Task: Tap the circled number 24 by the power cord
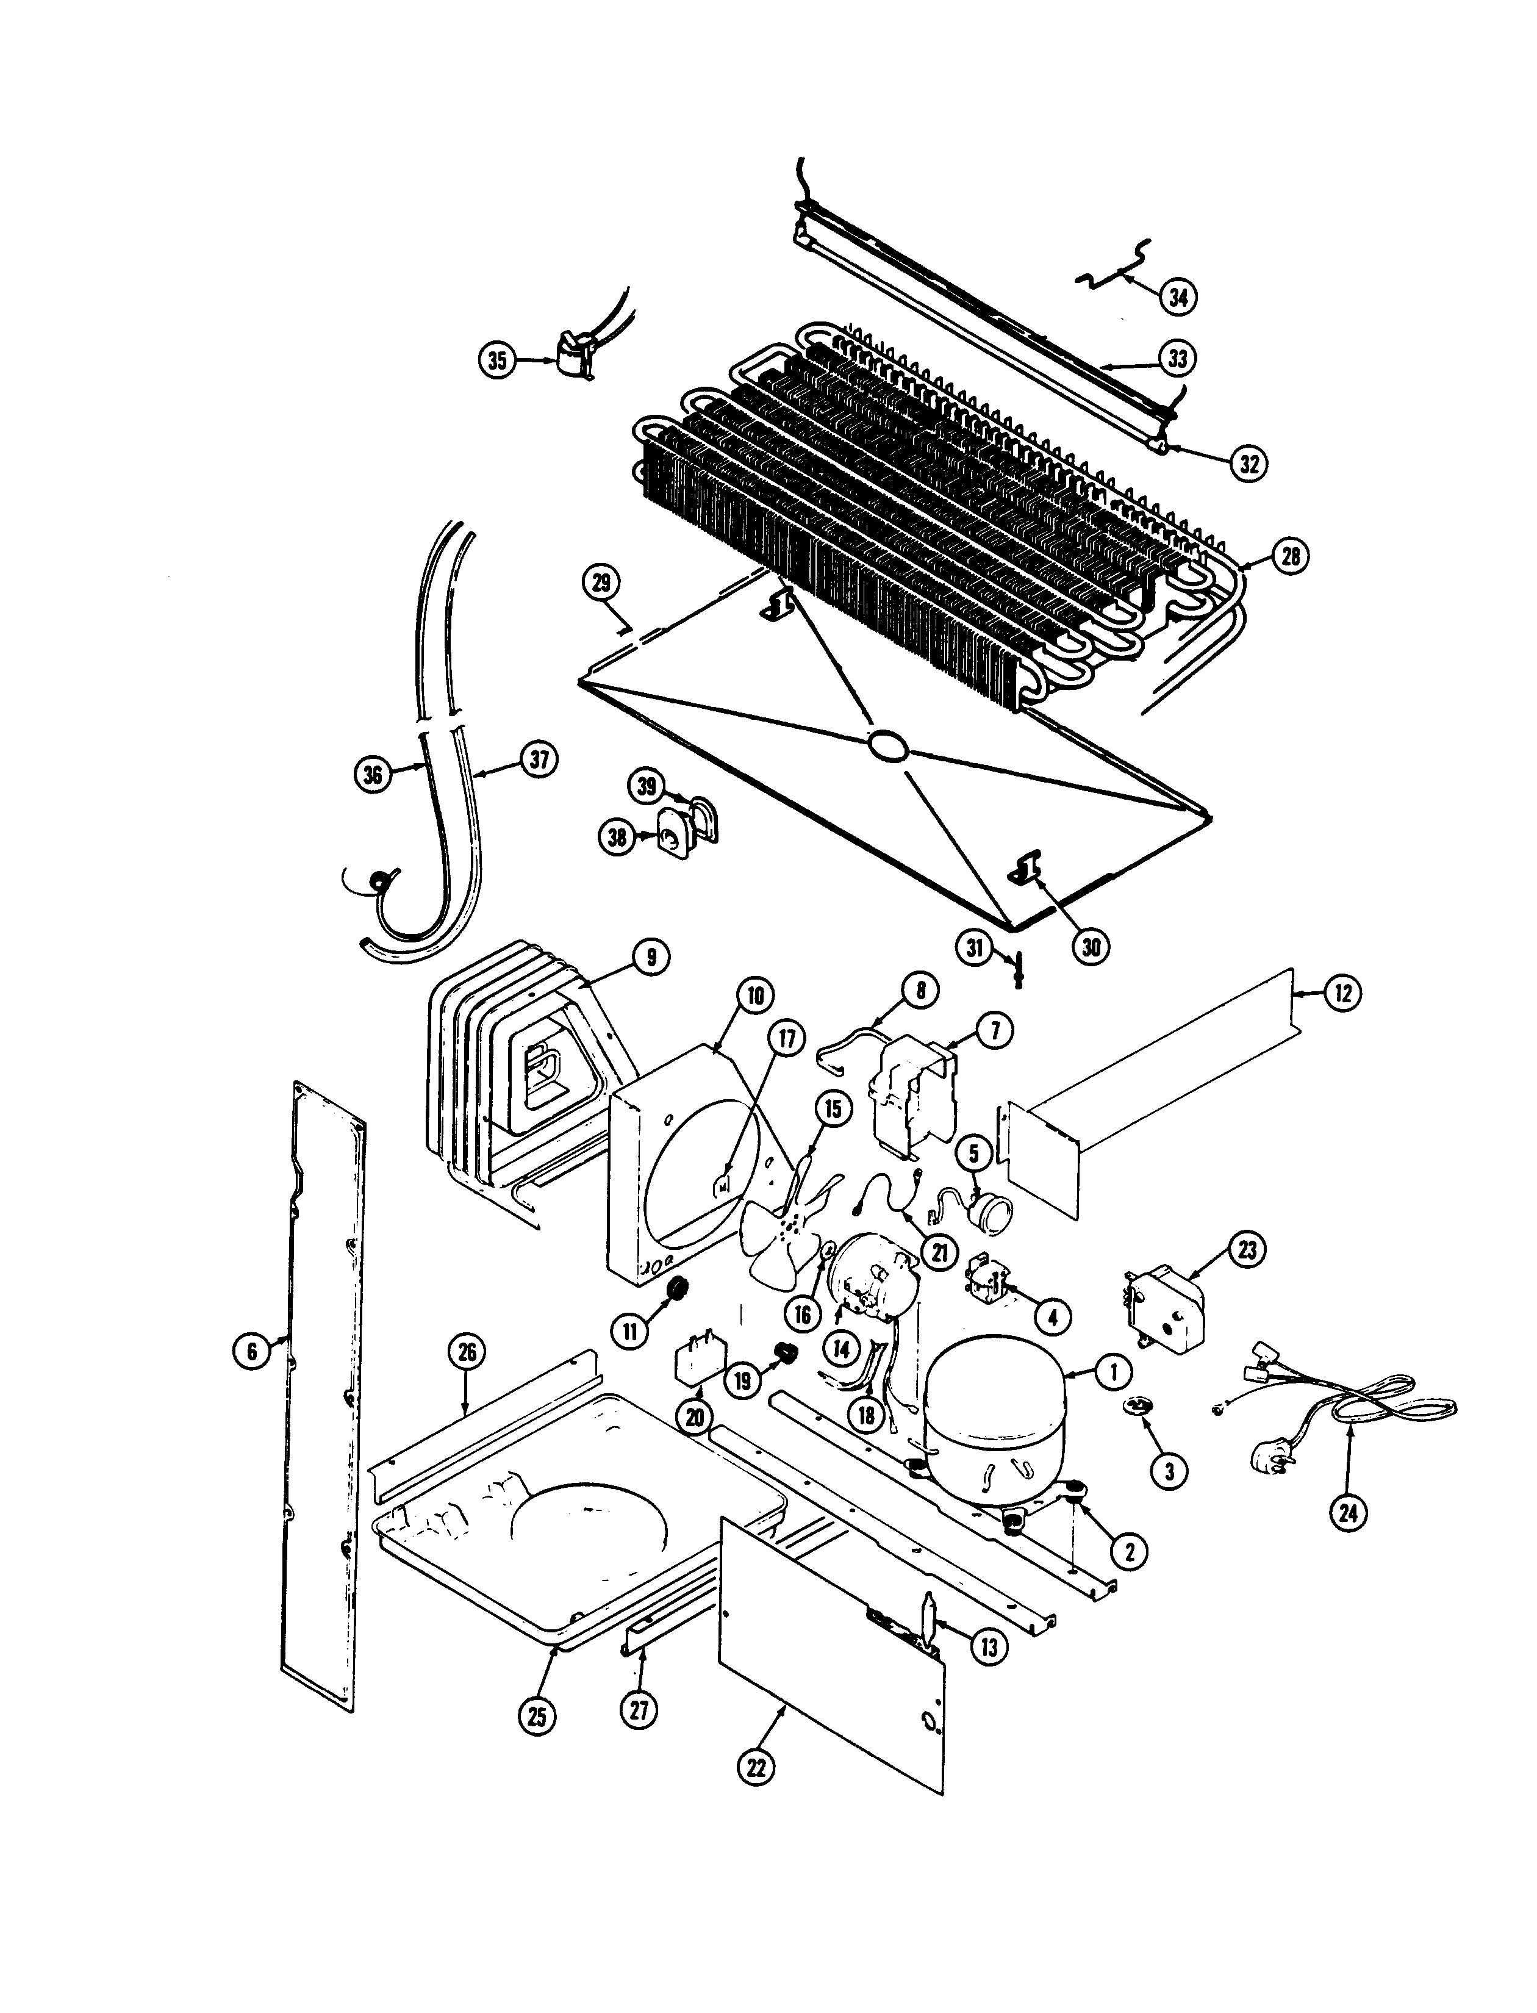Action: (x=1348, y=1513)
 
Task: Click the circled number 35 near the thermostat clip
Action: (x=496, y=361)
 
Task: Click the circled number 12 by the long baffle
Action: (x=1342, y=993)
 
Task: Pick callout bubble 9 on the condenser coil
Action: (x=650, y=957)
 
